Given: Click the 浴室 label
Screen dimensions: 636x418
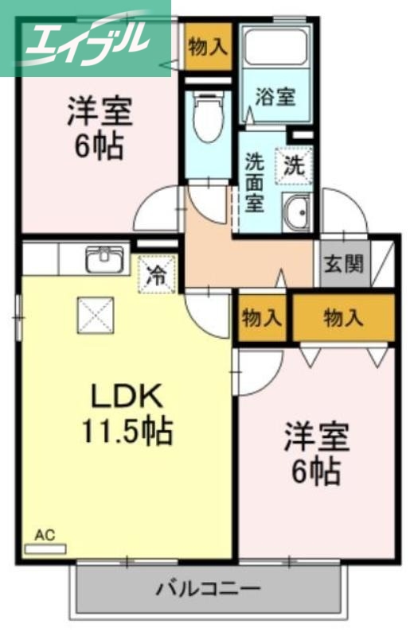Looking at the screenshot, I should (x=275, y=97).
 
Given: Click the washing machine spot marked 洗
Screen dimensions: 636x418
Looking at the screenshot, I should (x=294, y=166).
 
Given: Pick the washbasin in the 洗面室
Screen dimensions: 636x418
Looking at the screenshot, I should (x=299, y=212).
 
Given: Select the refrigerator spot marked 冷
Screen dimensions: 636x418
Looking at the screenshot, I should (x=157, y=276).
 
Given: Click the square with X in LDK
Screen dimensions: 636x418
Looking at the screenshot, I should (x=96, y=316).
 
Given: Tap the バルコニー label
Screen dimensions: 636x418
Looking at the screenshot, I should (x=208, y=590).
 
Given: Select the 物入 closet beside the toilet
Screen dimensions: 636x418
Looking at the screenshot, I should (x=207, y=47).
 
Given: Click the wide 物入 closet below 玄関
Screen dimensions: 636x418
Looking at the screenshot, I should (x=343, y=319).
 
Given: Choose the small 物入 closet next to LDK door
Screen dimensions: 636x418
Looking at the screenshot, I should (x=262, y=319).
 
